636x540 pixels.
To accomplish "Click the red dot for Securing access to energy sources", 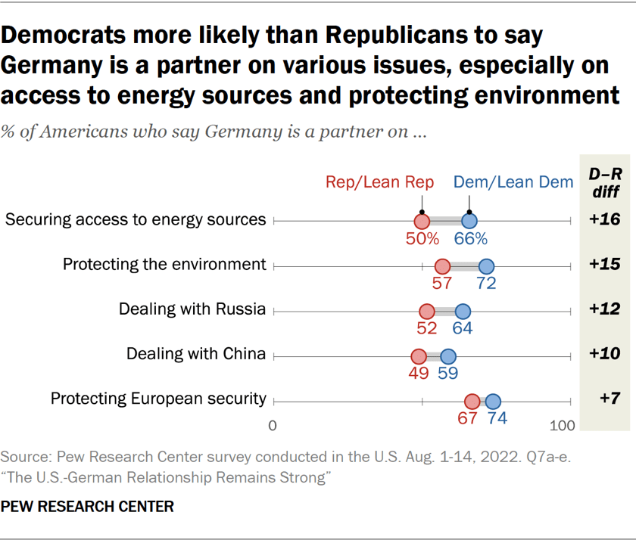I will coord(422,221).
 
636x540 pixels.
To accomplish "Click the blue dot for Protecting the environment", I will coord(486,265).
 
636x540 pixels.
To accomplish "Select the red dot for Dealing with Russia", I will coord(426,311).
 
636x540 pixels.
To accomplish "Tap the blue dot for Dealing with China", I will coord(448,356).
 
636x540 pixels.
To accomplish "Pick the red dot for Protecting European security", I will coord(472,401).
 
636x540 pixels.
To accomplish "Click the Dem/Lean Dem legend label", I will coord(513,182).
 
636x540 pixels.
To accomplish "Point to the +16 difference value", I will coord(605,221).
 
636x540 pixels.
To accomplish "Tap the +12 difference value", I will coord(605,309).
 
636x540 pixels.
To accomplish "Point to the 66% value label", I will coord(470,239).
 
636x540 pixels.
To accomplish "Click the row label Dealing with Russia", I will coord(192,309).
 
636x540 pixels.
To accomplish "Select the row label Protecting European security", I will coord(158,399).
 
